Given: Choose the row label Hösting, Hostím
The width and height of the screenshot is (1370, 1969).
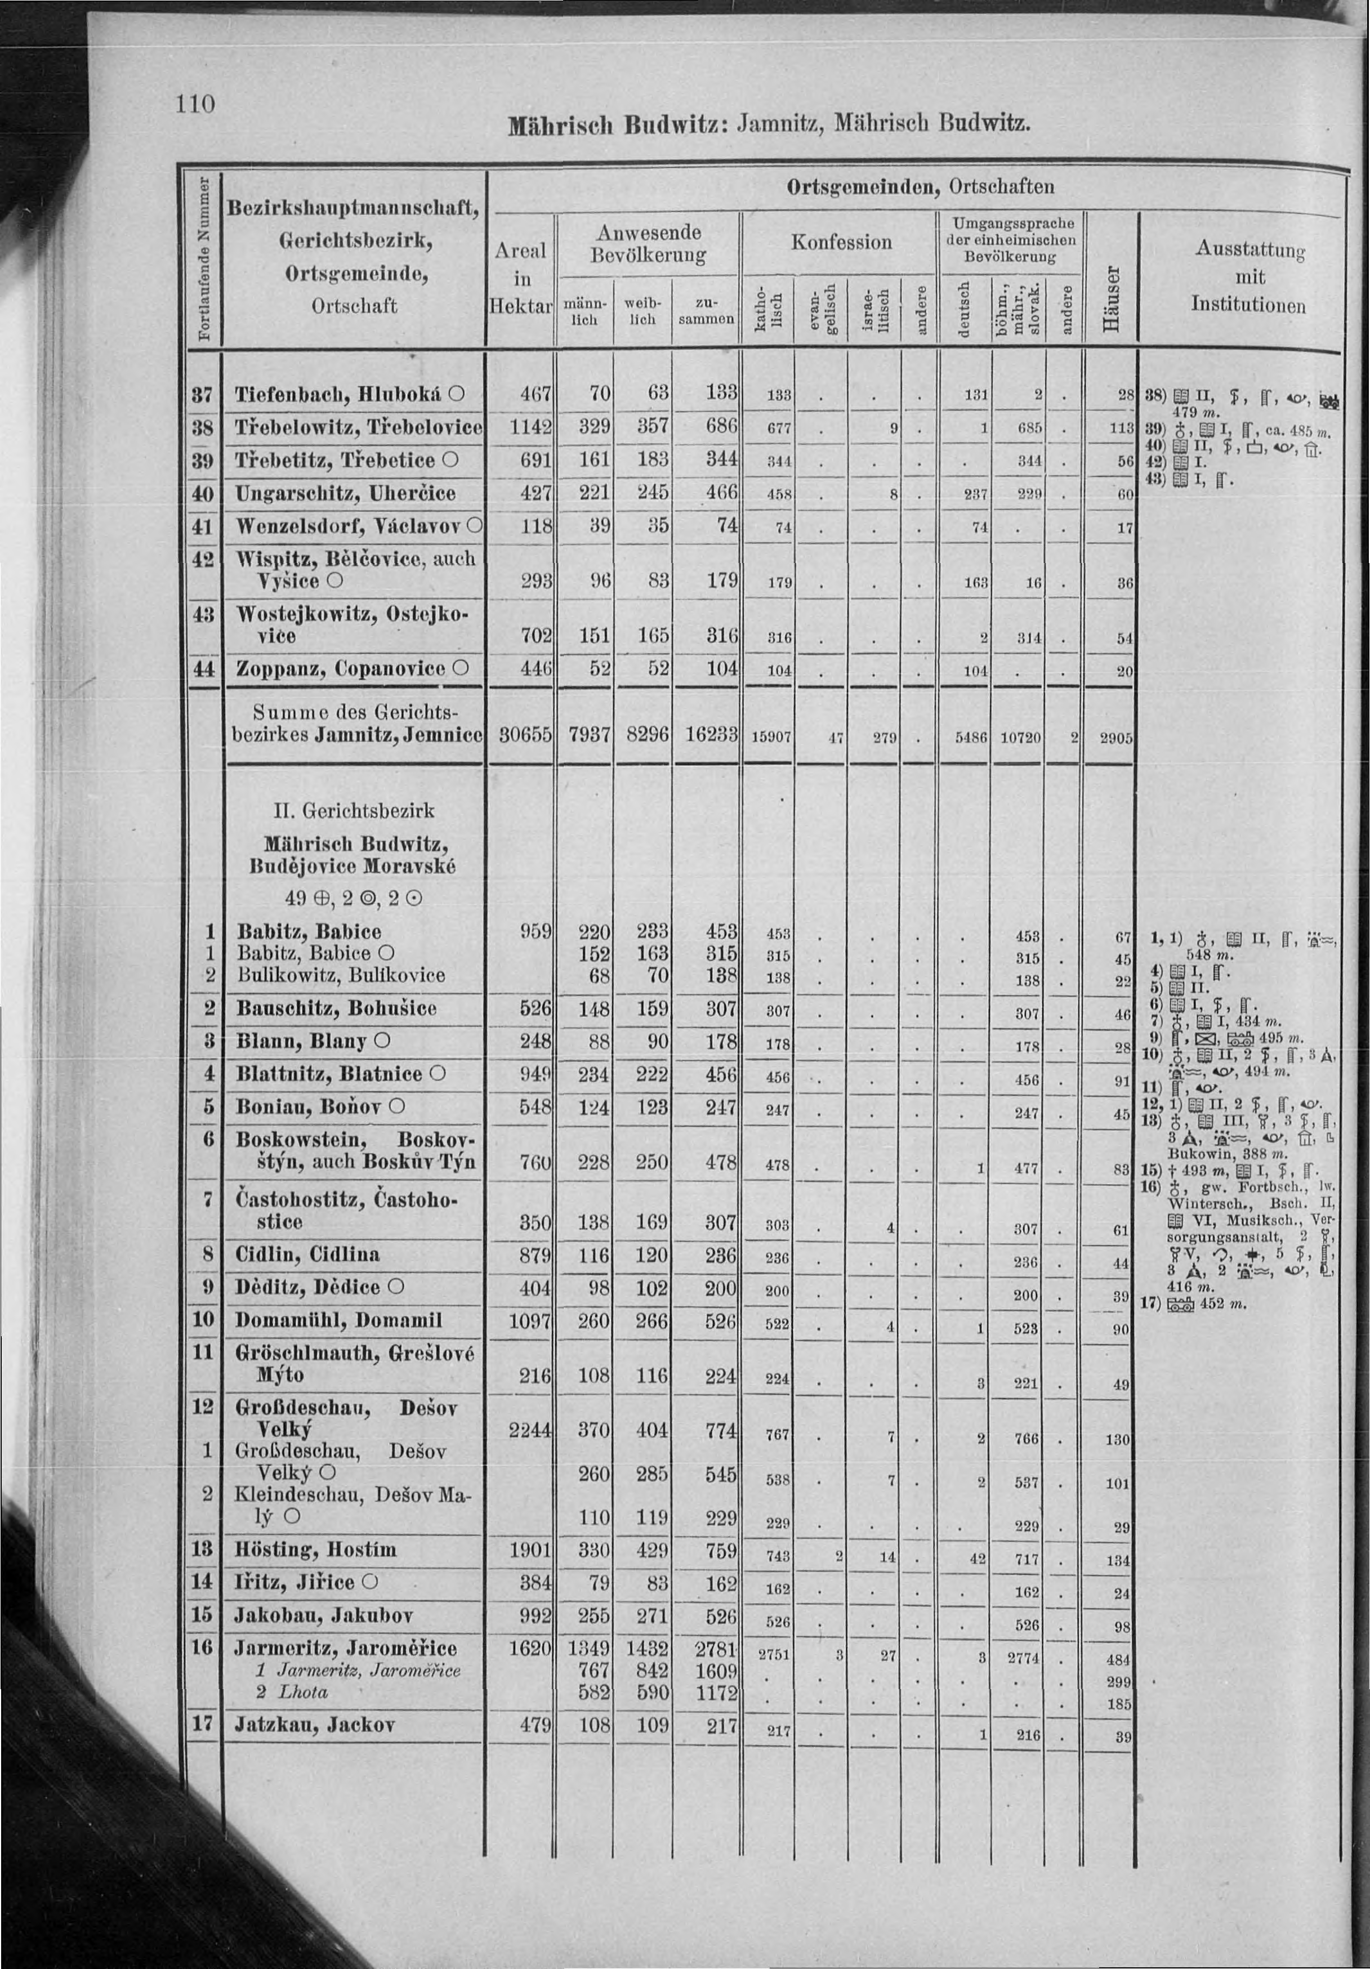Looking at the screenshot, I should click(x=316, y=1550).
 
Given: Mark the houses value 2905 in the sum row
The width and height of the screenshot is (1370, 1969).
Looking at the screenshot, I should click(x=1113, y=736).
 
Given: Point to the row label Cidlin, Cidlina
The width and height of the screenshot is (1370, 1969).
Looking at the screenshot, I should click(x=307, y=1254).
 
